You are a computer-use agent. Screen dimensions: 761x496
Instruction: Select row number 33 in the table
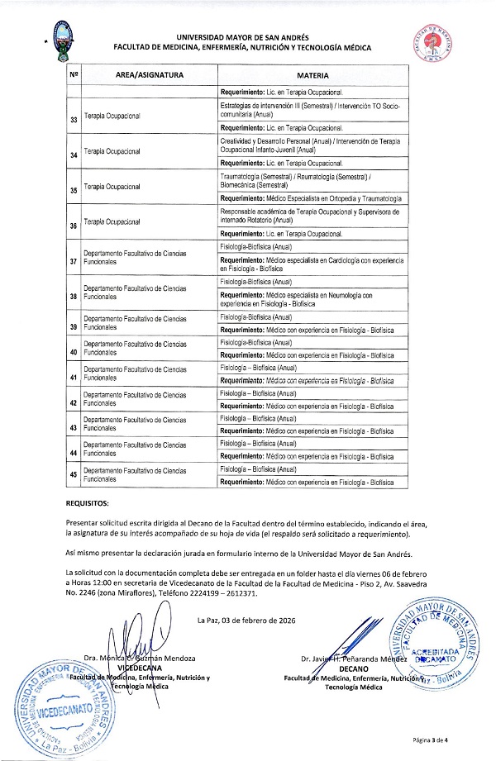click(x=74, y=118)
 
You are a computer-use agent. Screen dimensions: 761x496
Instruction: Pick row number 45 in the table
click(x=74, y=474)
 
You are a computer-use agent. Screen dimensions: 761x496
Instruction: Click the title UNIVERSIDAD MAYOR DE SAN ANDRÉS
click(x=247, y=37)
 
